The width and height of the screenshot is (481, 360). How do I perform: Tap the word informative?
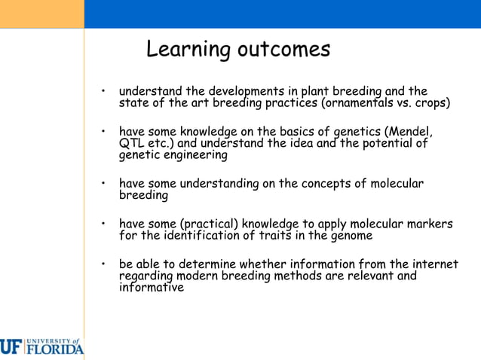151,287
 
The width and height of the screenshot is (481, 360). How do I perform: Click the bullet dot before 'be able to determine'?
103,264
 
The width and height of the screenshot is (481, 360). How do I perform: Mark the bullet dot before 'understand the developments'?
103,92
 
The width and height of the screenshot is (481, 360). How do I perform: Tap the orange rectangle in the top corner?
41,14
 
